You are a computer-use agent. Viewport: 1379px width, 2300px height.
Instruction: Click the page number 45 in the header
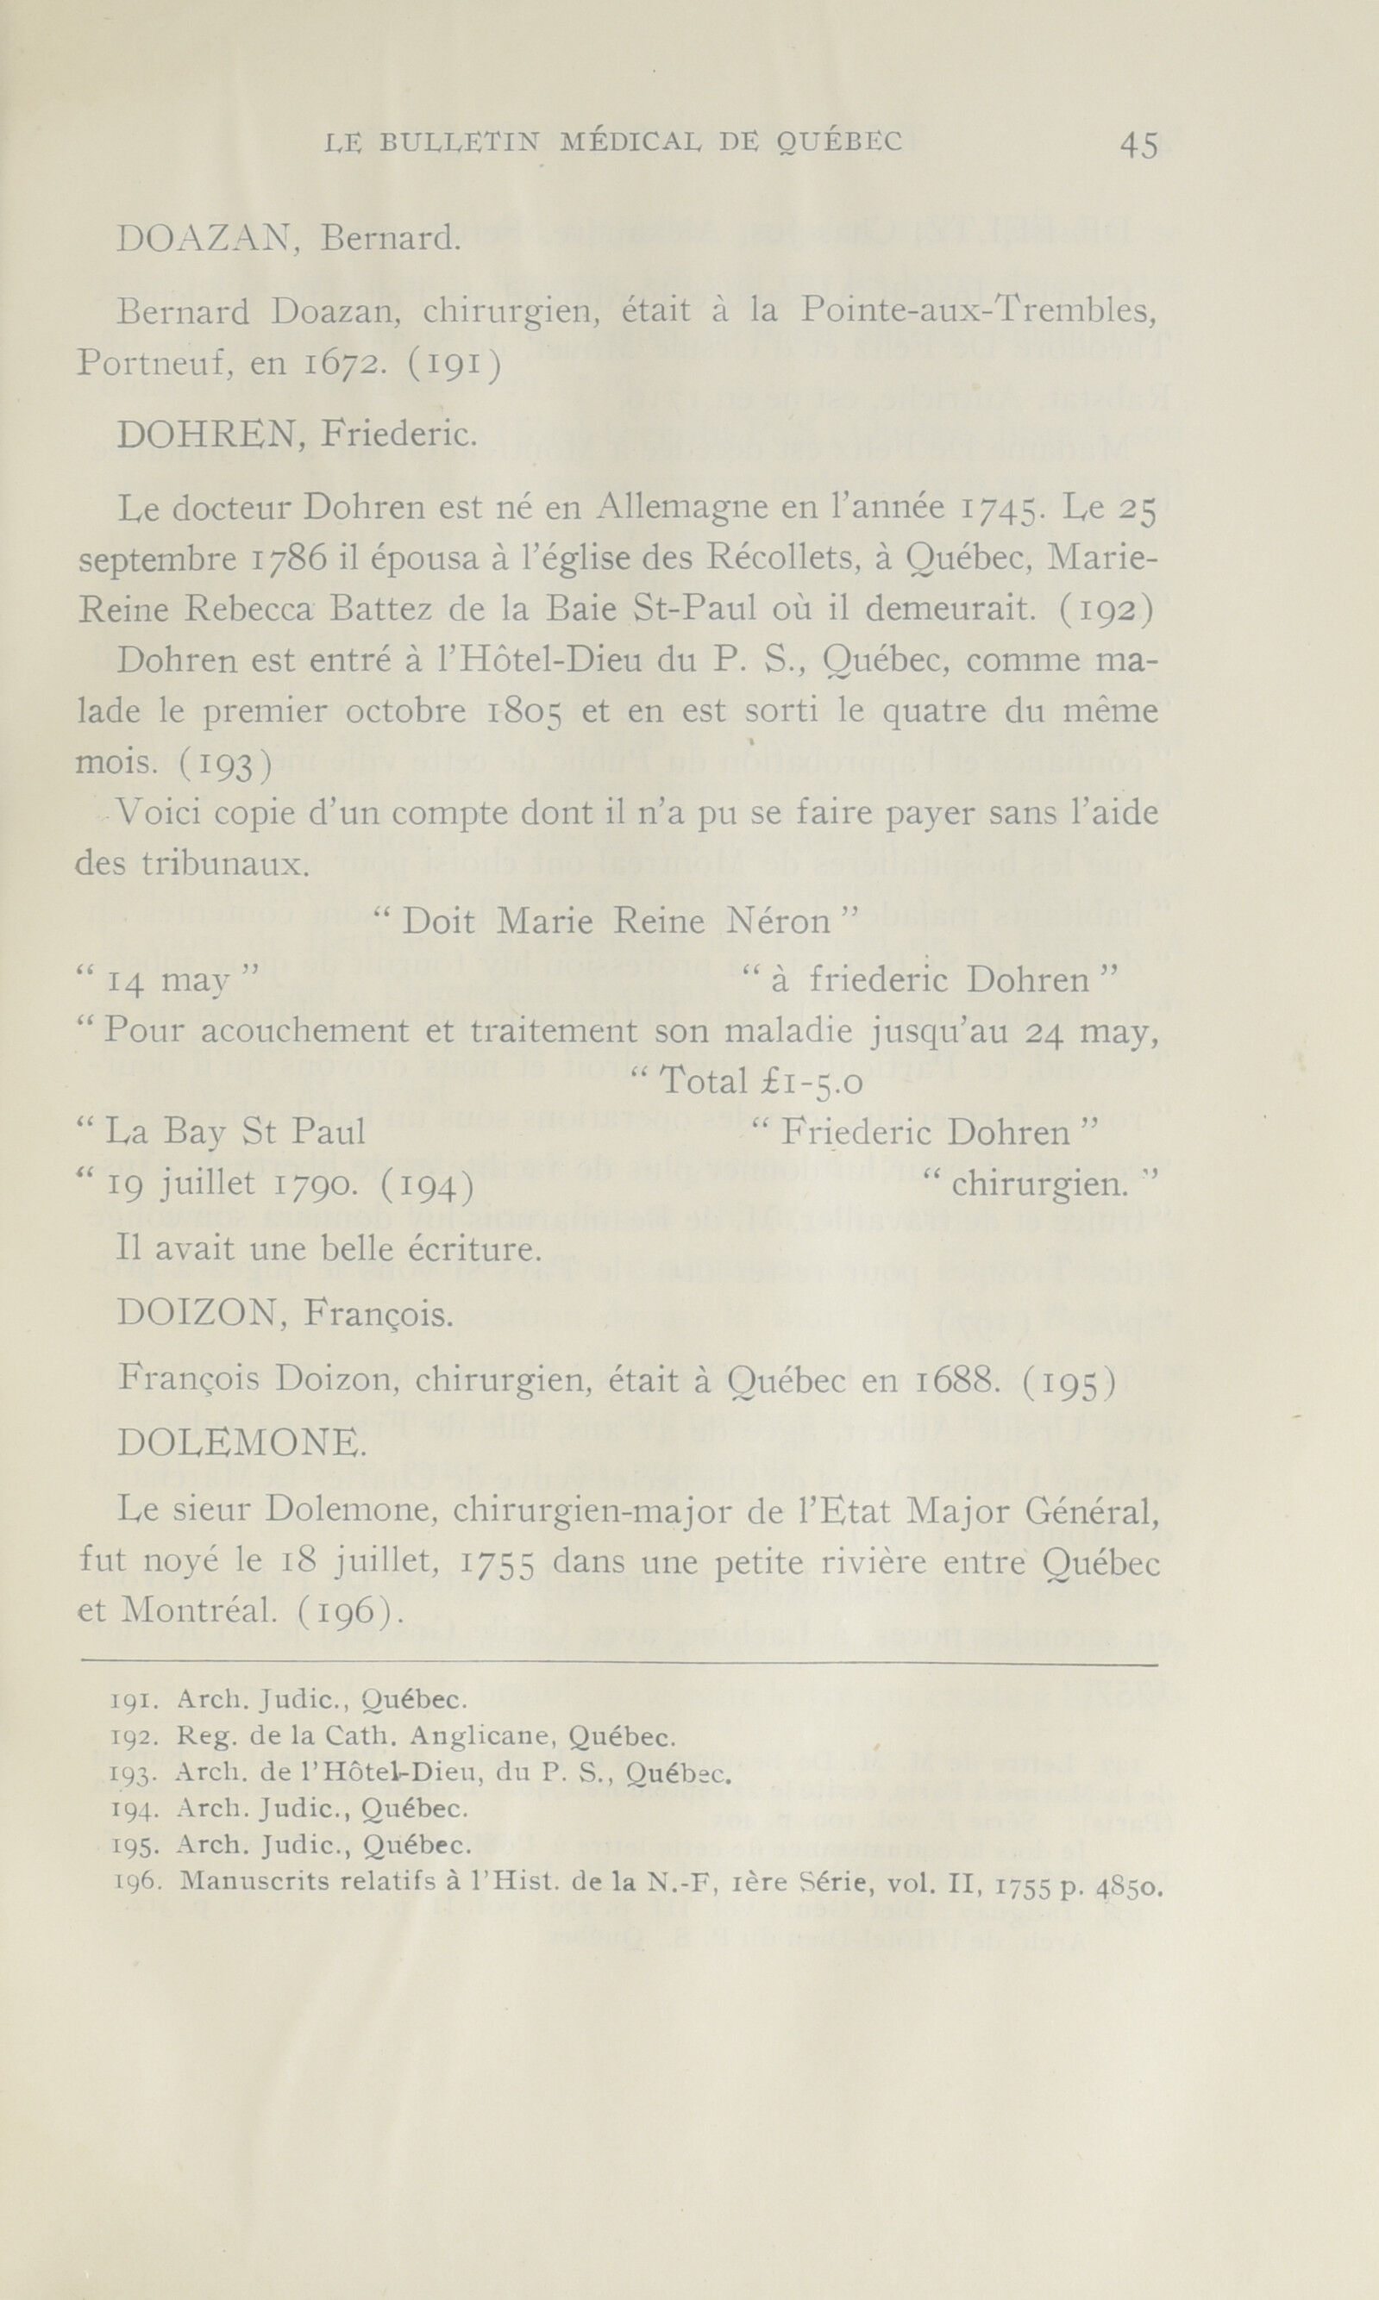1138,145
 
